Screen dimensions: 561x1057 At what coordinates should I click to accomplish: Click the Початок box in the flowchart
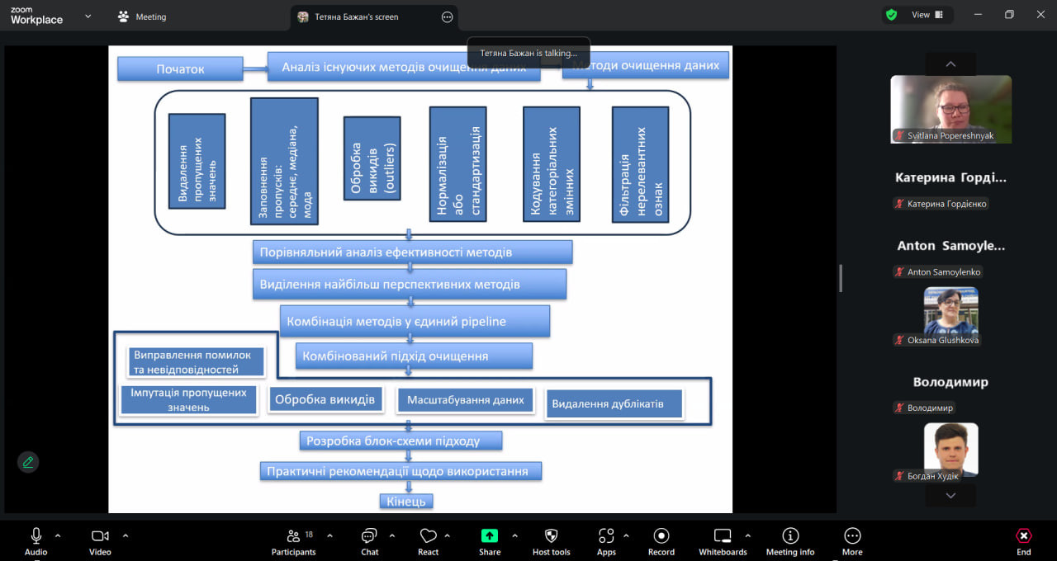(x=180, y=68)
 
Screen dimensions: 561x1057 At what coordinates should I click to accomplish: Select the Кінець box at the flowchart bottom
(x=406, y=501)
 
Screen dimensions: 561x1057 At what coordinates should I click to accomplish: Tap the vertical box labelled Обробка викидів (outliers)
(x=372, y=158)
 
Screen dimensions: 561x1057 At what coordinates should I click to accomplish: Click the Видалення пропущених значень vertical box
(x=197, y=161)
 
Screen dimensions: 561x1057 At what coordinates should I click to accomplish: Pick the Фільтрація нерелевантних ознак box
(x=640, y=163)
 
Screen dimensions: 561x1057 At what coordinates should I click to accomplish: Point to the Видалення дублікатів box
(x=614, y=404)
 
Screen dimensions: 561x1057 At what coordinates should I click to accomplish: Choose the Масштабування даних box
(x=465, y=400)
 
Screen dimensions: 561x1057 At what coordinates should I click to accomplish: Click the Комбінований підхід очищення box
(x=414, y=356)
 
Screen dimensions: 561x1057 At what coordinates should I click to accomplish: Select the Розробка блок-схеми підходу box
(x=401, y=441)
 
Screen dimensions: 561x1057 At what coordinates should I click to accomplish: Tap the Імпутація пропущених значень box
(x=189, y=399)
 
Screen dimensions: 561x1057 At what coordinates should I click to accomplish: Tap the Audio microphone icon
(x=36, y=536)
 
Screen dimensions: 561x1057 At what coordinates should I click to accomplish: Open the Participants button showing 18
(x=293, y=536)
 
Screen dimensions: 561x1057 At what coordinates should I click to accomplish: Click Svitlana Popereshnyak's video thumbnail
(x=950, y=109)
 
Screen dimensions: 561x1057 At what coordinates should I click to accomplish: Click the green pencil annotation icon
(x=28, y=462)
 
